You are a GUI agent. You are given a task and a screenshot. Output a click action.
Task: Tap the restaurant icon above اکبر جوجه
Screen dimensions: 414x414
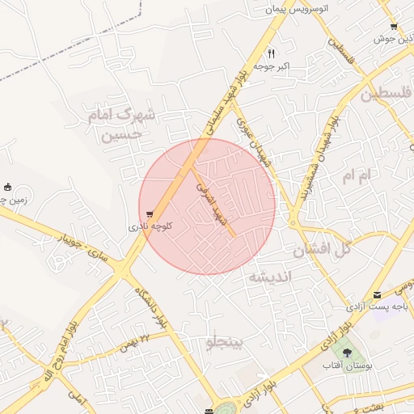pos(272,54)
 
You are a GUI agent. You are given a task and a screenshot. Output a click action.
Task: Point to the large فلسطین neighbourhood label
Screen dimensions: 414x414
pos(386,95)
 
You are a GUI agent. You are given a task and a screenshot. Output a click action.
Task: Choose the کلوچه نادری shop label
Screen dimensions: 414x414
pos(150,227)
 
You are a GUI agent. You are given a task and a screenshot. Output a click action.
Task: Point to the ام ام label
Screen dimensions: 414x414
pos(359,175)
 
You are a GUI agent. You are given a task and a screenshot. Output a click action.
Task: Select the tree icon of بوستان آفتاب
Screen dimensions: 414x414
pos(348,353)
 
